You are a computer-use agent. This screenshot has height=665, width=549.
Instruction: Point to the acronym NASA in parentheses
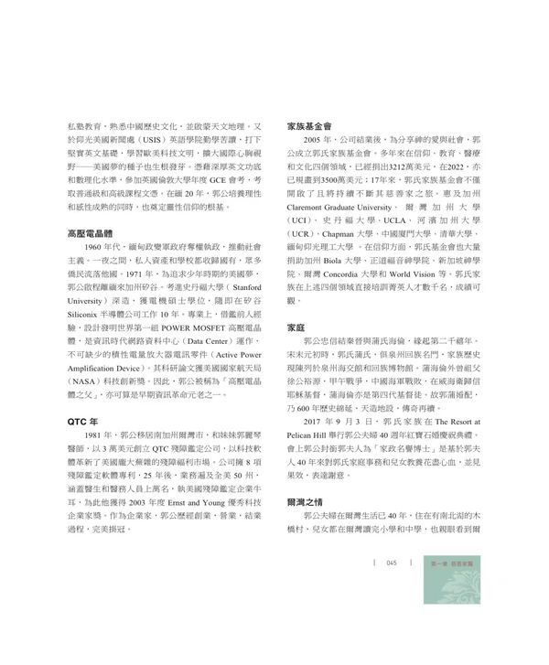(86, 367)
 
